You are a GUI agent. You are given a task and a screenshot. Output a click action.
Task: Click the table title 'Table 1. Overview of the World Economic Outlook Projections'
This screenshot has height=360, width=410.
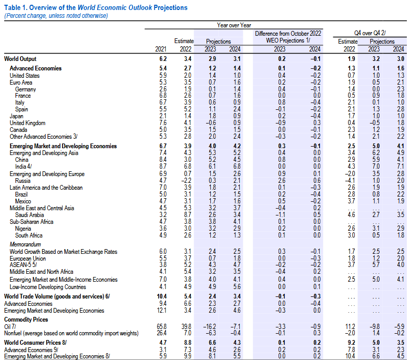click(x=96, y=7)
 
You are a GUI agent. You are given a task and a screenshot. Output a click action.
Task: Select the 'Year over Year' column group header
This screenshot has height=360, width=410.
click(x=234, y=25)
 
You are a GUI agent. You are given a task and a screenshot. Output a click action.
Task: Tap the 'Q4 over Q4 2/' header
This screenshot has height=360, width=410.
click(x=370, y=33)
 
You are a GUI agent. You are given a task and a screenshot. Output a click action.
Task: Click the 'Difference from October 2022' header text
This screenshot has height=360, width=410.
click(x=288, y=34)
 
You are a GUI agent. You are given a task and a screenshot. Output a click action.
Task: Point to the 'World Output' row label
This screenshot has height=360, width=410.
click(x=20, y=59)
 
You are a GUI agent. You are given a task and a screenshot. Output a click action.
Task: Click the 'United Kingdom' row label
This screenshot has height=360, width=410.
click(x=27, y=123)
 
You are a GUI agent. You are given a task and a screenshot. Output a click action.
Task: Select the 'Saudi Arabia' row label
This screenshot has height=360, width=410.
click(x=29, y=215)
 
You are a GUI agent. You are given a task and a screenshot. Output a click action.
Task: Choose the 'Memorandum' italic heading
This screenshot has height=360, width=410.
click(x=25, y=244)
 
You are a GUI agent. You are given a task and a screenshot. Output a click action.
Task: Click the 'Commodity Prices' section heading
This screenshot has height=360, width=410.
click(x=26, y=320)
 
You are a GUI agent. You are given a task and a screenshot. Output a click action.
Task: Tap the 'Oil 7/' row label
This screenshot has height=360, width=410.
click(x=10, y=326)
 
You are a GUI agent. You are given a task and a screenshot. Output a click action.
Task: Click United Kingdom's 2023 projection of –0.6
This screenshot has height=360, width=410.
click(x=210, y=123)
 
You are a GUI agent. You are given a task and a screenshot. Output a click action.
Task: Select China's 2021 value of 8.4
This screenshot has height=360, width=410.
click(x=163, y=159)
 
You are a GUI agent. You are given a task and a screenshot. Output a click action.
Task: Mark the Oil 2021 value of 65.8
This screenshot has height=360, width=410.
click(x=161, y=326)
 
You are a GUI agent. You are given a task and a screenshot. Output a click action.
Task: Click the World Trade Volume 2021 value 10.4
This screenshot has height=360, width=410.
click(x=161, y=296)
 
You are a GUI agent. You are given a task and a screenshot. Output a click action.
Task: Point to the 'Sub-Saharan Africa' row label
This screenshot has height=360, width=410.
click(x=32, y=222)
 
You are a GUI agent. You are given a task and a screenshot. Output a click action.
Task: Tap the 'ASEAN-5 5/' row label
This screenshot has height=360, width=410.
click(x=23, y=264)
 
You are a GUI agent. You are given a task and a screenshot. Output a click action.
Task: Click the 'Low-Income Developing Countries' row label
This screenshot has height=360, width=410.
click(x=48, y=287)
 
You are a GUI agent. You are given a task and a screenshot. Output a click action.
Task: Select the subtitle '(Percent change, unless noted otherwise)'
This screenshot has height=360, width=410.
click(x=56, y=16)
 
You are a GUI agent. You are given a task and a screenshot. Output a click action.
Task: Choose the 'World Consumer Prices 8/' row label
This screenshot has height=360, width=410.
click(x=35, y=343)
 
